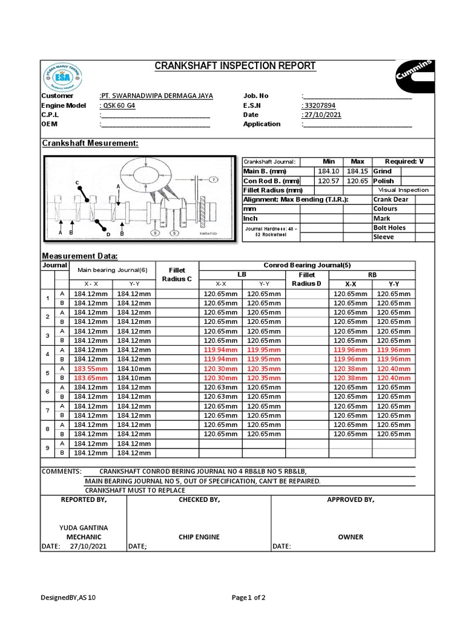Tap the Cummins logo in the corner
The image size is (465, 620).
point(415,70)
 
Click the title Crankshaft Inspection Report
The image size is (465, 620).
point(236,65)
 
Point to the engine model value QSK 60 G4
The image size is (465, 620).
point(117,105)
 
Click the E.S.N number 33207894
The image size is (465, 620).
point(322,105)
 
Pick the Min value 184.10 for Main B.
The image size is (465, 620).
point(329,171)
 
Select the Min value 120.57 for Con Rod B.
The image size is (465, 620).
point(329,180)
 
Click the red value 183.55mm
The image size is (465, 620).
point(90,369)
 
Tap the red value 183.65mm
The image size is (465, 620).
point(90,378)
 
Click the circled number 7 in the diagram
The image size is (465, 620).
point(214,180)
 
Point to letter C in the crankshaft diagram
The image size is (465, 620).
point(77,182)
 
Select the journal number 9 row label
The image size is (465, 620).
point(47,448)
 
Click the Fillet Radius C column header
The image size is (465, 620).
point(177,274)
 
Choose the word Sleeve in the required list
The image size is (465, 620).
point(383,237)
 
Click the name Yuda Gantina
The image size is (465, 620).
point(84,527)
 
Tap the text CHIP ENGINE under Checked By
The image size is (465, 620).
point(199,536)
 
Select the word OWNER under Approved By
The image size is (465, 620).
point(351,536)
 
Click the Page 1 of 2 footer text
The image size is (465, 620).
point(249,598)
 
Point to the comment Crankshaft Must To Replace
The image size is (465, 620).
point(134,490)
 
